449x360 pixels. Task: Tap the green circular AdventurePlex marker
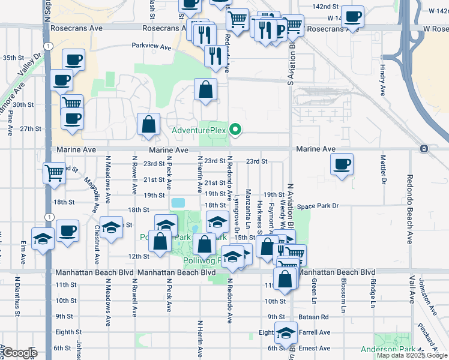click(236, 129)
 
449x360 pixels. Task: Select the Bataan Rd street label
click(315, 317)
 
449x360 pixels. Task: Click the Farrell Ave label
click(316, 332)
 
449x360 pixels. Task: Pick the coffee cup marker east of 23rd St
click(342, 164)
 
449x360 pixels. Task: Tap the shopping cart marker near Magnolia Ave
click(55, 173)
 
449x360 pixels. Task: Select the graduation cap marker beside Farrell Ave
click(286, 332)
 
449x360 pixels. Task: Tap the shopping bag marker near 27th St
click(149, 125)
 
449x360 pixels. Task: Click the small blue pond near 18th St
click(178, 203)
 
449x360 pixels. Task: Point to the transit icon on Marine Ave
click(424, 148)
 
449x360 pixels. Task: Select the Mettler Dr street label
click(382, 169)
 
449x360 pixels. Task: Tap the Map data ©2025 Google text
click(411, 355)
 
